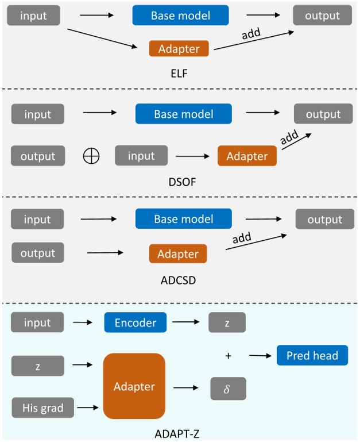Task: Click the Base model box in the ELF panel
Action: coord(180,16)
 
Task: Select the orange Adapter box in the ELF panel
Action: coord(179,49)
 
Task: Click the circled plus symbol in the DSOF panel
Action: coord(91,156)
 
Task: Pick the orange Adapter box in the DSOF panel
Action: coord(247,156)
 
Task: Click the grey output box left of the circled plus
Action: coord(38,156)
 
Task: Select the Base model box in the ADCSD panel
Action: coord(183,219)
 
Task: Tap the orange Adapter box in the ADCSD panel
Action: coord(178,253)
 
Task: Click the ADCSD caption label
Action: coord(180,282)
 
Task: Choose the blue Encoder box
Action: coord(135,322)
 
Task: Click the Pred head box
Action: coord(312,356)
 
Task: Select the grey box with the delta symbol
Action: coord(228,389)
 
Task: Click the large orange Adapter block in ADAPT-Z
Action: coord(134,386)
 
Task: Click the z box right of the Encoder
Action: coord(227,322)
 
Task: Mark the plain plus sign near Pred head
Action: coord(228,356)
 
